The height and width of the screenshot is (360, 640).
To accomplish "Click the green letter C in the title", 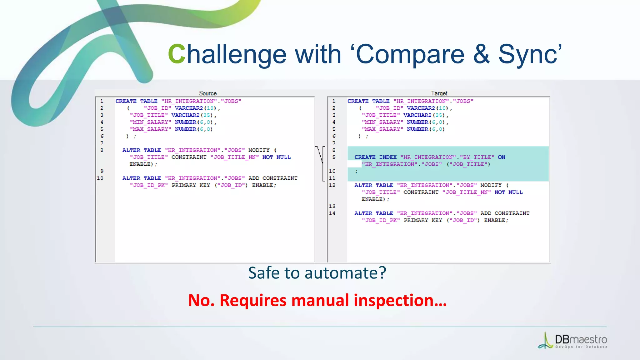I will coord(177,54).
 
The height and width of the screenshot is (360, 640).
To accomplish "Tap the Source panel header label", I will coord(208,93).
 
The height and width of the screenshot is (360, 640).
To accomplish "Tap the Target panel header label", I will coord(439,93).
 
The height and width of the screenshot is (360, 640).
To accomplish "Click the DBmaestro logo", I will coord(573,341).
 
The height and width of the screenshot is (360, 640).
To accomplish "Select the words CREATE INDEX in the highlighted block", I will coord(375,157).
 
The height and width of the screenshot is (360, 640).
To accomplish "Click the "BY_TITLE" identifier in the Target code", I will coord(477,157).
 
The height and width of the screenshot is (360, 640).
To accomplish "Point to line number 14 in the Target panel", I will coord(332,213).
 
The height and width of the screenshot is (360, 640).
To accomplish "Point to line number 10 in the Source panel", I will coord(100,178).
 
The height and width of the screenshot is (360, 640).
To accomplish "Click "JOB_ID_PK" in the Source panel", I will coord(149,185).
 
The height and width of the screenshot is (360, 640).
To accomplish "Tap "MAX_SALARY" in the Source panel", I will coord(151,129).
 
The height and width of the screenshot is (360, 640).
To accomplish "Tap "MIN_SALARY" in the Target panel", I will coord(382,122).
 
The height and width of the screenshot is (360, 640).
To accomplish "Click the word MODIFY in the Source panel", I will coord(259,150).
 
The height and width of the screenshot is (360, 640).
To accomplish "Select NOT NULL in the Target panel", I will coord(508,192).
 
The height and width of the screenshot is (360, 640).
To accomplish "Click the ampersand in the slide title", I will coord(481,54).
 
